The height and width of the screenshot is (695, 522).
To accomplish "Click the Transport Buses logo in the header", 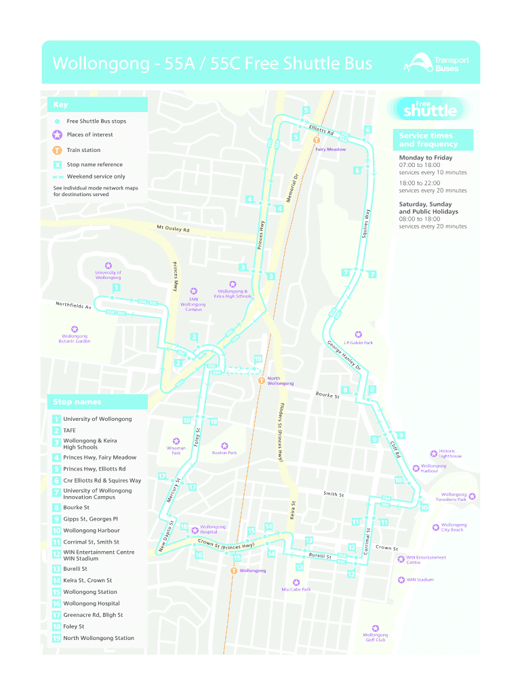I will [436, 64].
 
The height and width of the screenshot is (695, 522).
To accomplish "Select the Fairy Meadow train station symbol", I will [316, 140].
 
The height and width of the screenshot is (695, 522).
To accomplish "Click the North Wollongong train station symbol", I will [261, 381].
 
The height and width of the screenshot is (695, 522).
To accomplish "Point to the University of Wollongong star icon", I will [108, 265].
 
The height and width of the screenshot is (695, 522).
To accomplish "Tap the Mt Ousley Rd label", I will [173, 229].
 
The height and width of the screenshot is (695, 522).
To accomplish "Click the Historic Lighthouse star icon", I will [434, 453].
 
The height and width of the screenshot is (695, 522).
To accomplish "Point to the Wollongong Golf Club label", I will [376, 637].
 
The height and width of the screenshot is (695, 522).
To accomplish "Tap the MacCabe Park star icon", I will [296, 582].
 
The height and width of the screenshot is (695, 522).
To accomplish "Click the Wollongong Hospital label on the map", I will [213, 529].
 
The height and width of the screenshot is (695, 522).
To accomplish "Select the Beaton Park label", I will [224, 453].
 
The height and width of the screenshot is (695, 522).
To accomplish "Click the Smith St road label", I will [334, 494].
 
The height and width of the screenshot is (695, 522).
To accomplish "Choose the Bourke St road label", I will [327, 395].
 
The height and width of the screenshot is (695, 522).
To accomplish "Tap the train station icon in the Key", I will [58, 150].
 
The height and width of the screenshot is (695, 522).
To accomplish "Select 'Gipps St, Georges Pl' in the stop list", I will [90, 519].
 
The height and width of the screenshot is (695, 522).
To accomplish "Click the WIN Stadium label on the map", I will [420, 580].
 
